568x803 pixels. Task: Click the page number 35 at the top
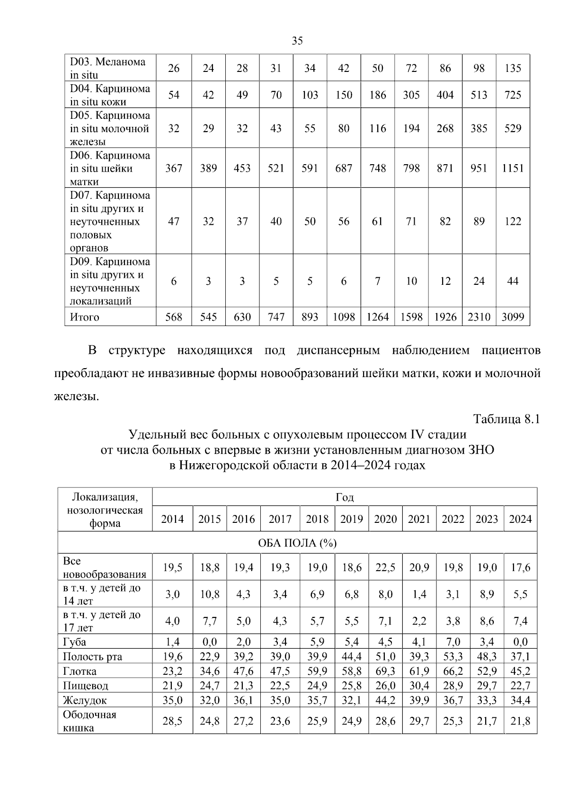[x=297, y=41]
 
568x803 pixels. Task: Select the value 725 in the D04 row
[x=513, y=95]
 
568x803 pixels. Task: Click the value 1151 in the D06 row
[x=513, y=168]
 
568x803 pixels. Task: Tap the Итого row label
[x=85, y=317]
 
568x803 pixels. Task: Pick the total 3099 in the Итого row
[x=513, y=317]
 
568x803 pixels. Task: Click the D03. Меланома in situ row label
[x=108, y=68]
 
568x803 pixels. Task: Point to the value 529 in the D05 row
[x=513, y=129]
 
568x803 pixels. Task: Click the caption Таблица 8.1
[x=506, y=419]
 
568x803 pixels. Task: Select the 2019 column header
[x=351, y=519]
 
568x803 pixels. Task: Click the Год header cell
[x=345, y=497]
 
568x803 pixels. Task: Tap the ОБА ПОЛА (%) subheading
[x=297, y=543]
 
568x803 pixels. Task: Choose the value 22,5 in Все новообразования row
[x=385, y=567]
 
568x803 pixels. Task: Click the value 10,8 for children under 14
[x=209, y=594]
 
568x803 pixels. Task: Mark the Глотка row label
[x=80, y=671]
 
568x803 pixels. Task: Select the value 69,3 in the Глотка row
[x=385, y=671]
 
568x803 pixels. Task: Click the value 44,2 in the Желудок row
[x=385, y=700]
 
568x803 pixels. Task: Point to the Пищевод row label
[x=85, y=686]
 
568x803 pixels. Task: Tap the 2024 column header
[x=520, y=519]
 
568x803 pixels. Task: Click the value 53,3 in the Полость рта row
[x=453, y=657]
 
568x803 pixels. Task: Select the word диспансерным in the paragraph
[x=338, y=351]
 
